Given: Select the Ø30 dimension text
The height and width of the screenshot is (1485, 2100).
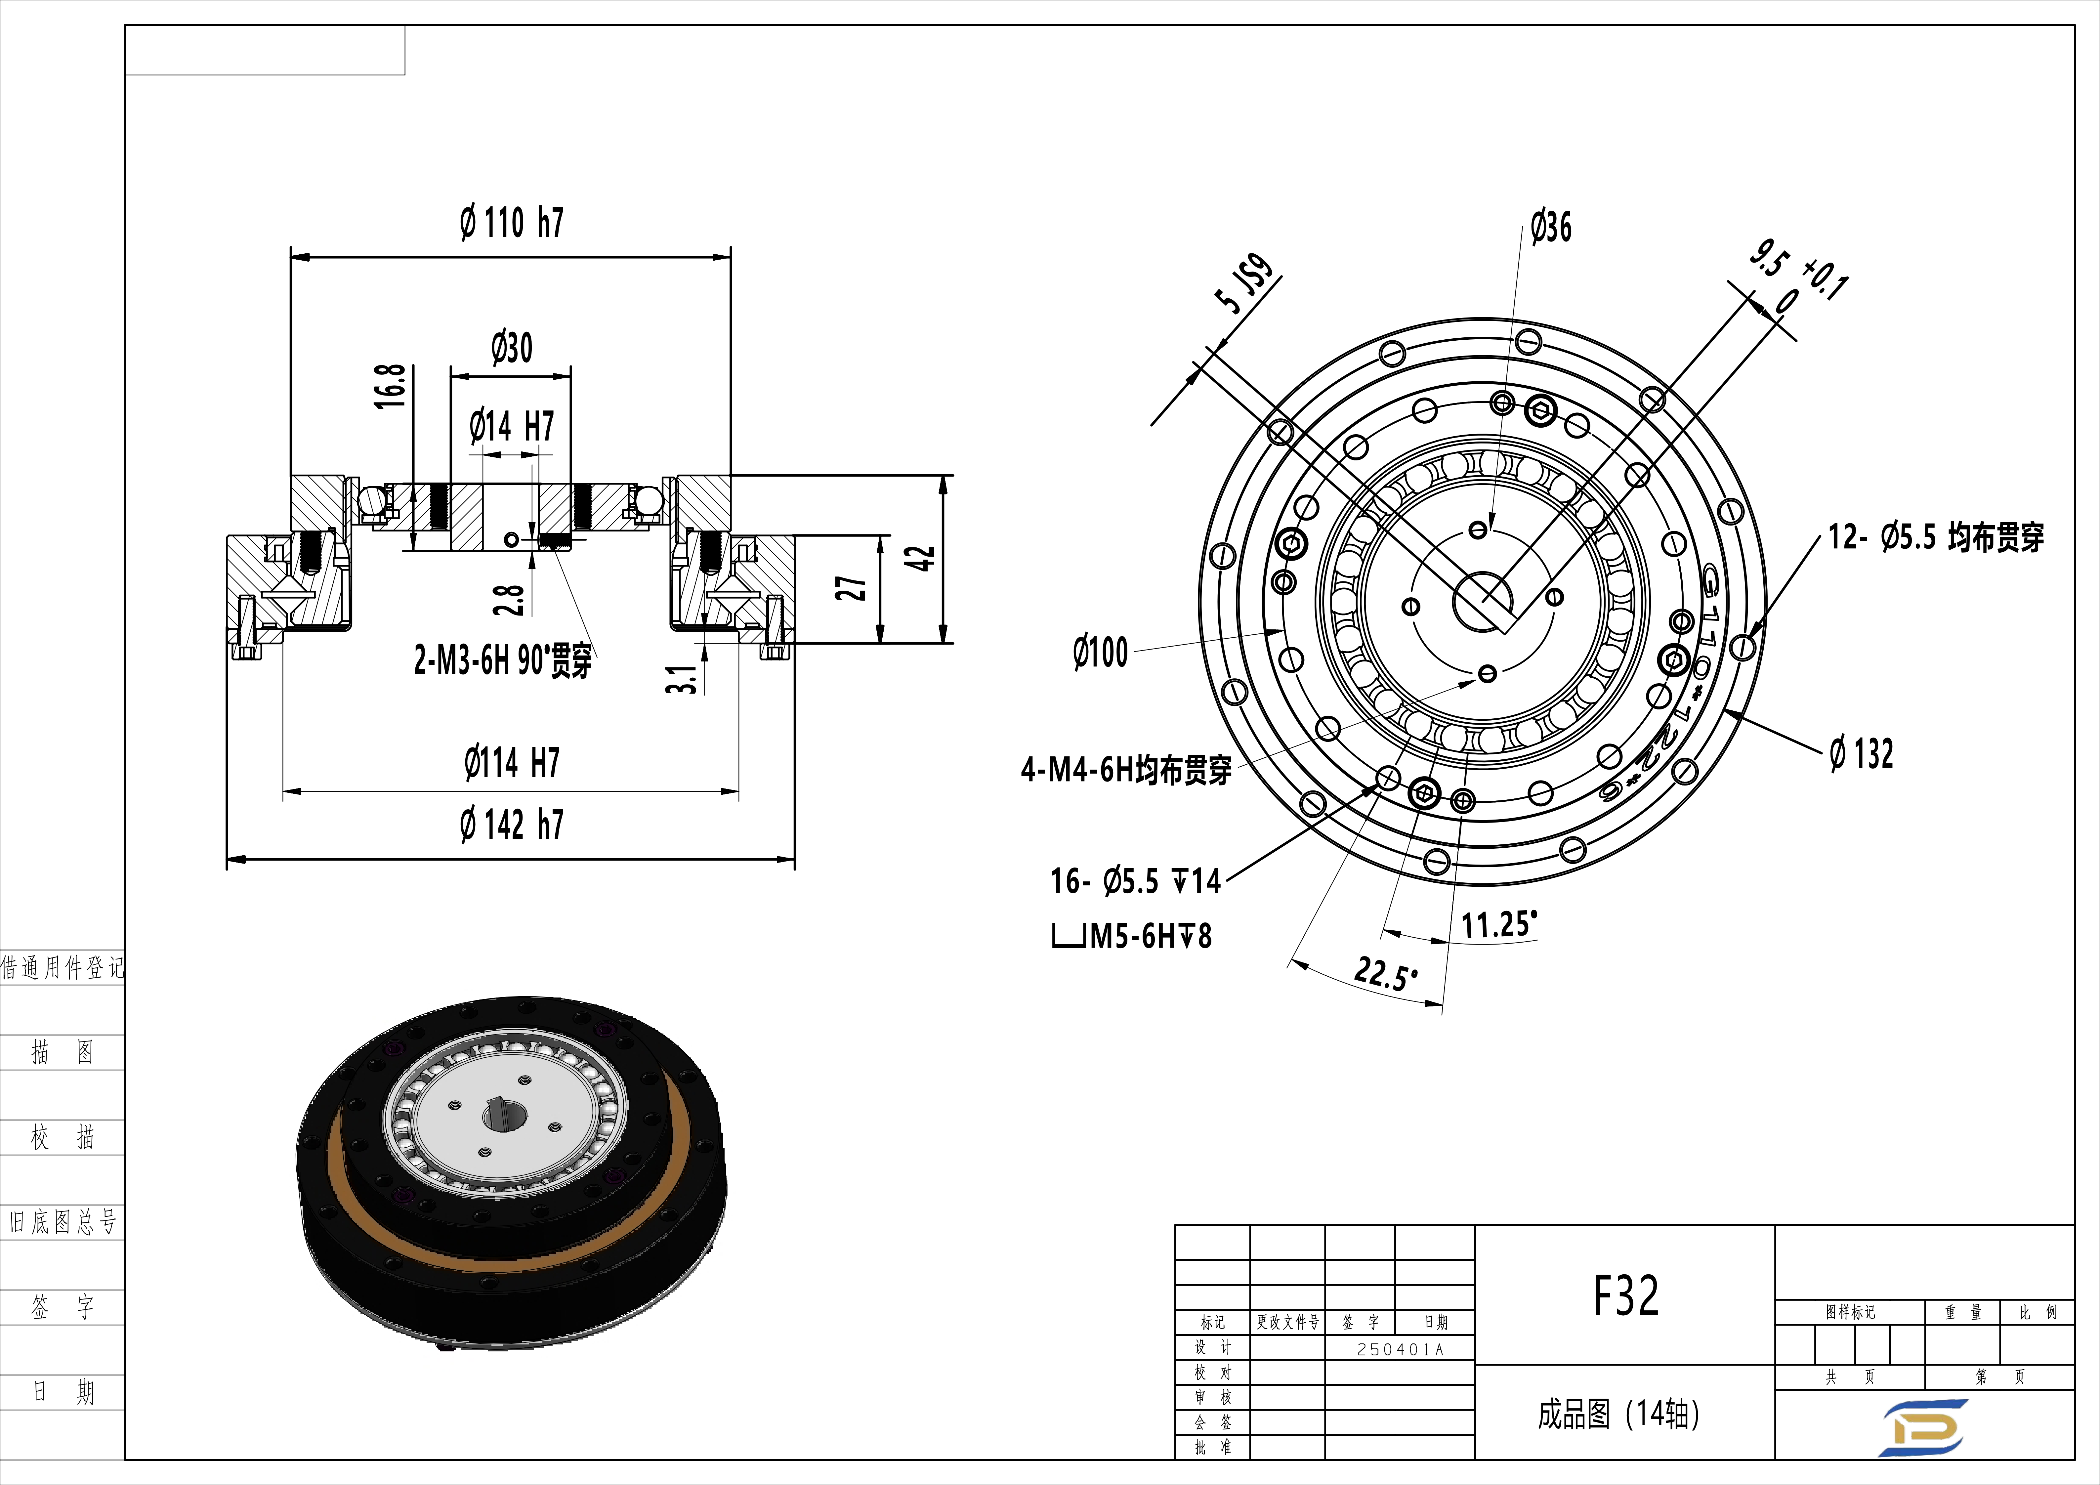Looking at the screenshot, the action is (511, 348).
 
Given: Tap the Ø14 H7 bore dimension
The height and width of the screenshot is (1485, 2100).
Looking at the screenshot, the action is (511, 426).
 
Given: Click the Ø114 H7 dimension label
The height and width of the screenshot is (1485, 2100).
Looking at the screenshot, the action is (511, 762).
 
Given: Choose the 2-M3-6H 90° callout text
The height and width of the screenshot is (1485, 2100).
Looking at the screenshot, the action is (503, 659).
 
